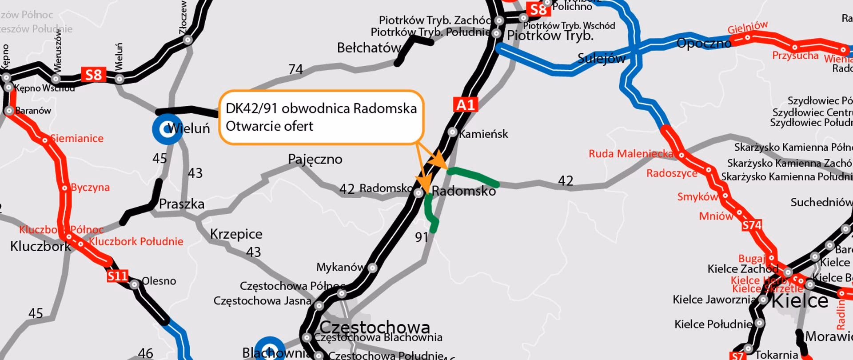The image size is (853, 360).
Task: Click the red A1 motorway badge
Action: [465, 105]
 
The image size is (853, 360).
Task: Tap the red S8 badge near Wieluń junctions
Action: [93, 75]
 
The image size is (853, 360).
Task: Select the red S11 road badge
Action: [118, 276]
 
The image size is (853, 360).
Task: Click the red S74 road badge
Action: [752, 225]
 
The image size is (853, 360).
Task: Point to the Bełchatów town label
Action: [368, 48]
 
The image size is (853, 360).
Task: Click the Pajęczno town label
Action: [315, 159]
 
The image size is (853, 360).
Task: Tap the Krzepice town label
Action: [236, 234]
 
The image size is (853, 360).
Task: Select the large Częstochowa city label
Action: [375, 328]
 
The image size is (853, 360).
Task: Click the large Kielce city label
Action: [800, 301]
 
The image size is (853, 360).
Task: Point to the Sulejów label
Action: [601, 58]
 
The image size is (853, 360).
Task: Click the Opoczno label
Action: [703, 43]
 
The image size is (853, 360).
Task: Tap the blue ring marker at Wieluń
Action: [167, 129]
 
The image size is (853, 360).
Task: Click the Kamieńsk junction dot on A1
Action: [452, 132]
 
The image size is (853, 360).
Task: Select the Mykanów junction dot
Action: [373, 268]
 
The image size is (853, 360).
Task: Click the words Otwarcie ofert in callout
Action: [269, 126]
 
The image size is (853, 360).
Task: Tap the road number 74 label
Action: [295, 69]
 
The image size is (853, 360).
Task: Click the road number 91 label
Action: [421, 237]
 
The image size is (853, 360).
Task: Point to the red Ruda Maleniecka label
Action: [630, 154]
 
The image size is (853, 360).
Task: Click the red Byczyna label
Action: [90, 187]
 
